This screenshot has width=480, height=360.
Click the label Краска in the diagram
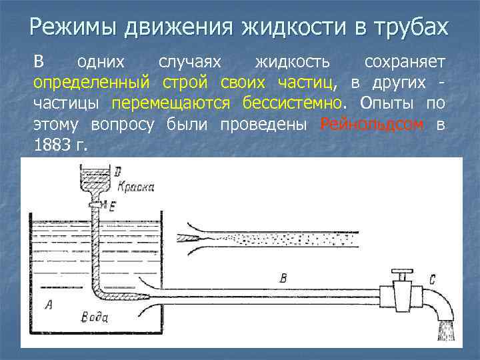tap(136, 187)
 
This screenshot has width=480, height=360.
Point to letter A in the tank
tap(47, 305)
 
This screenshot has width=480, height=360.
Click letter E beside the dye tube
tap(111, 207)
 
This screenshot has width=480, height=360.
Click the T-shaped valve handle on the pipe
tap(401, 275)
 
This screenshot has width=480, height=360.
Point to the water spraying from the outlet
tap(446, 331)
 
